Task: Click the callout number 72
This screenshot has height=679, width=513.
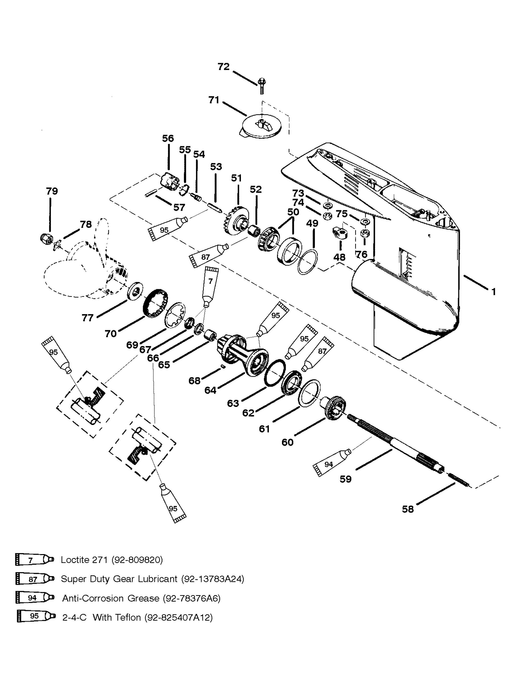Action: point(224,67)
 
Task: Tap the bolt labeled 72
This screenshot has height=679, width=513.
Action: point(261,86)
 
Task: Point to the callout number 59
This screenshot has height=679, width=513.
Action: point(345,479)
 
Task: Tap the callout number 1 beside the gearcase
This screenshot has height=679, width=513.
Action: point(493,291)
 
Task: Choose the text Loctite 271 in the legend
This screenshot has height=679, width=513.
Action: point(84,560)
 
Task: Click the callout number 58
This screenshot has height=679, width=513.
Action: point(408,509)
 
